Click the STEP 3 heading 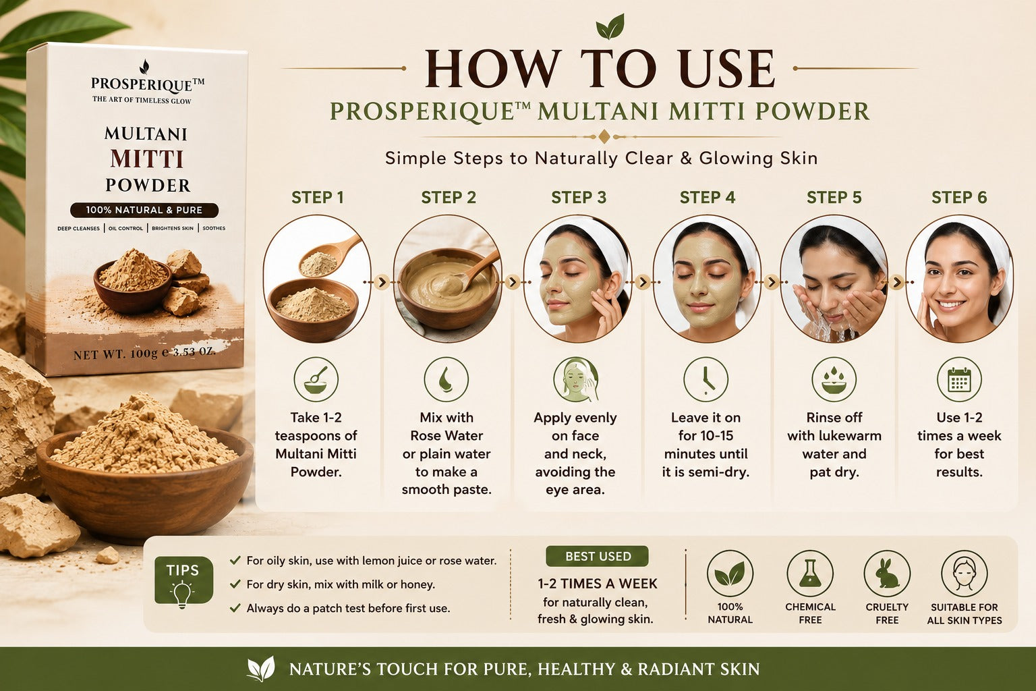point(579,198)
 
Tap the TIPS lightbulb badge point(183,580)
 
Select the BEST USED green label point(597,556)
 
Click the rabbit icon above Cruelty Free point(887,574)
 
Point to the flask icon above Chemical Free point(810,574)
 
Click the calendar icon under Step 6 point(958,379)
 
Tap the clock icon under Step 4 point(706,379)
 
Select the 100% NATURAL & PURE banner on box point(144,210)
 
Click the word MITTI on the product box point(147,159)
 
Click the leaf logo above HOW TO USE point(610,27)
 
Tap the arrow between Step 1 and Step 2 point(382,281)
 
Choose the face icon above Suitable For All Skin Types point(965,574)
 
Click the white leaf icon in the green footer point(261,669)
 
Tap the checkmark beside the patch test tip point(235,608)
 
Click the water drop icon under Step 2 point(447,379)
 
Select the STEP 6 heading point(959,198)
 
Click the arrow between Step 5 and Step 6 point(896,281)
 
